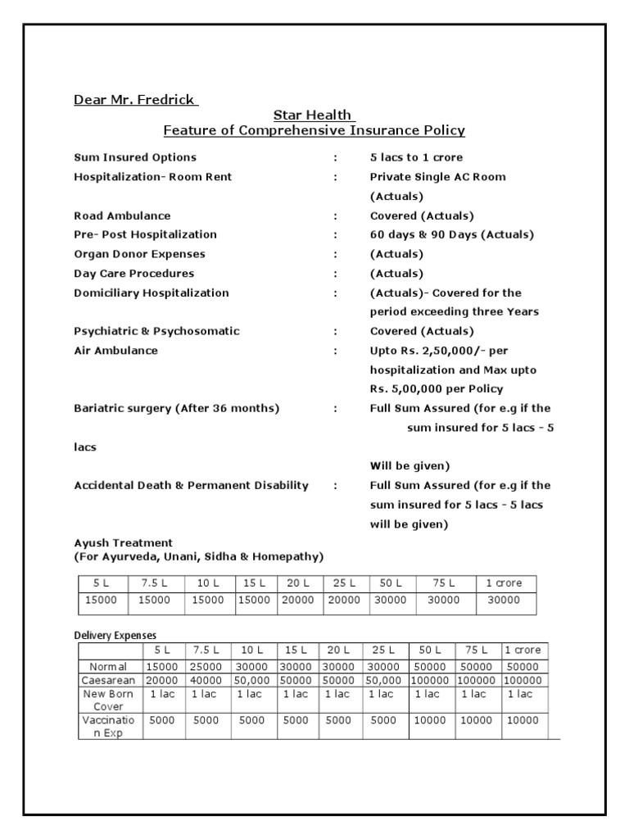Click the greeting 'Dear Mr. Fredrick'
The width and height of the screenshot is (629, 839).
(x=135, y=100)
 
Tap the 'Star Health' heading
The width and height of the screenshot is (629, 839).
(x=314, y=116)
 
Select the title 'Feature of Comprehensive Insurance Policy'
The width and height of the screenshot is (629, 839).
(x=314, y=130)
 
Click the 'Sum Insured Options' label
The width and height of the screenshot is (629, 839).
(x=135, y=157)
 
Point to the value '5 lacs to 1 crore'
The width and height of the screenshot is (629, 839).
(x=416, y=157)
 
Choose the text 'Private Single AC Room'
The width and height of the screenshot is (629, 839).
(x=437, y=177)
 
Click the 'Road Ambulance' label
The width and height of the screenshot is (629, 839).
(x=122, y=215)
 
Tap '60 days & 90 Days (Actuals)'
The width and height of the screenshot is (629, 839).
(x=451, y=235)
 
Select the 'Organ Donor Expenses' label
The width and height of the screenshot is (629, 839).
(x=139, y=254)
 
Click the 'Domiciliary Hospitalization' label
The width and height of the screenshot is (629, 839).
(x=152, y=293)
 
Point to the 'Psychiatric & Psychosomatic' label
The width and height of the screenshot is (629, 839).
(x=156, y=331)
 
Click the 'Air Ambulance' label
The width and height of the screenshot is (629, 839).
(x=115, y=351)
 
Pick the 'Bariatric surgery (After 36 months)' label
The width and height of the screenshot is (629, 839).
(x=176, y=408)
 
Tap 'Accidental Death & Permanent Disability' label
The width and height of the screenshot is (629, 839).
(x=191, y=485)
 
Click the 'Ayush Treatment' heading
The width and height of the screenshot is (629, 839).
(x=123, y=542)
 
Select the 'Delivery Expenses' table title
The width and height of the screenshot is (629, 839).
(x=115, y=635)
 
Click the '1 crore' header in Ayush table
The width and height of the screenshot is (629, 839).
(x=504, y=583)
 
